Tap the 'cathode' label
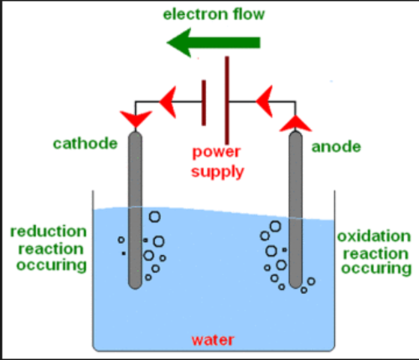click(x=85, y=142)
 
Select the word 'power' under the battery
click(x=217, y=152)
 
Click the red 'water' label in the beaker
click(x=213, y=340)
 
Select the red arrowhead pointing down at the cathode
click(x=135, y=117)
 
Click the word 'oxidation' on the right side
click(x=373, y=236)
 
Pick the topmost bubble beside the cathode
click(x=154, y=217)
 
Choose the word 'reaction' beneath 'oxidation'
click(x=373, y=252)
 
